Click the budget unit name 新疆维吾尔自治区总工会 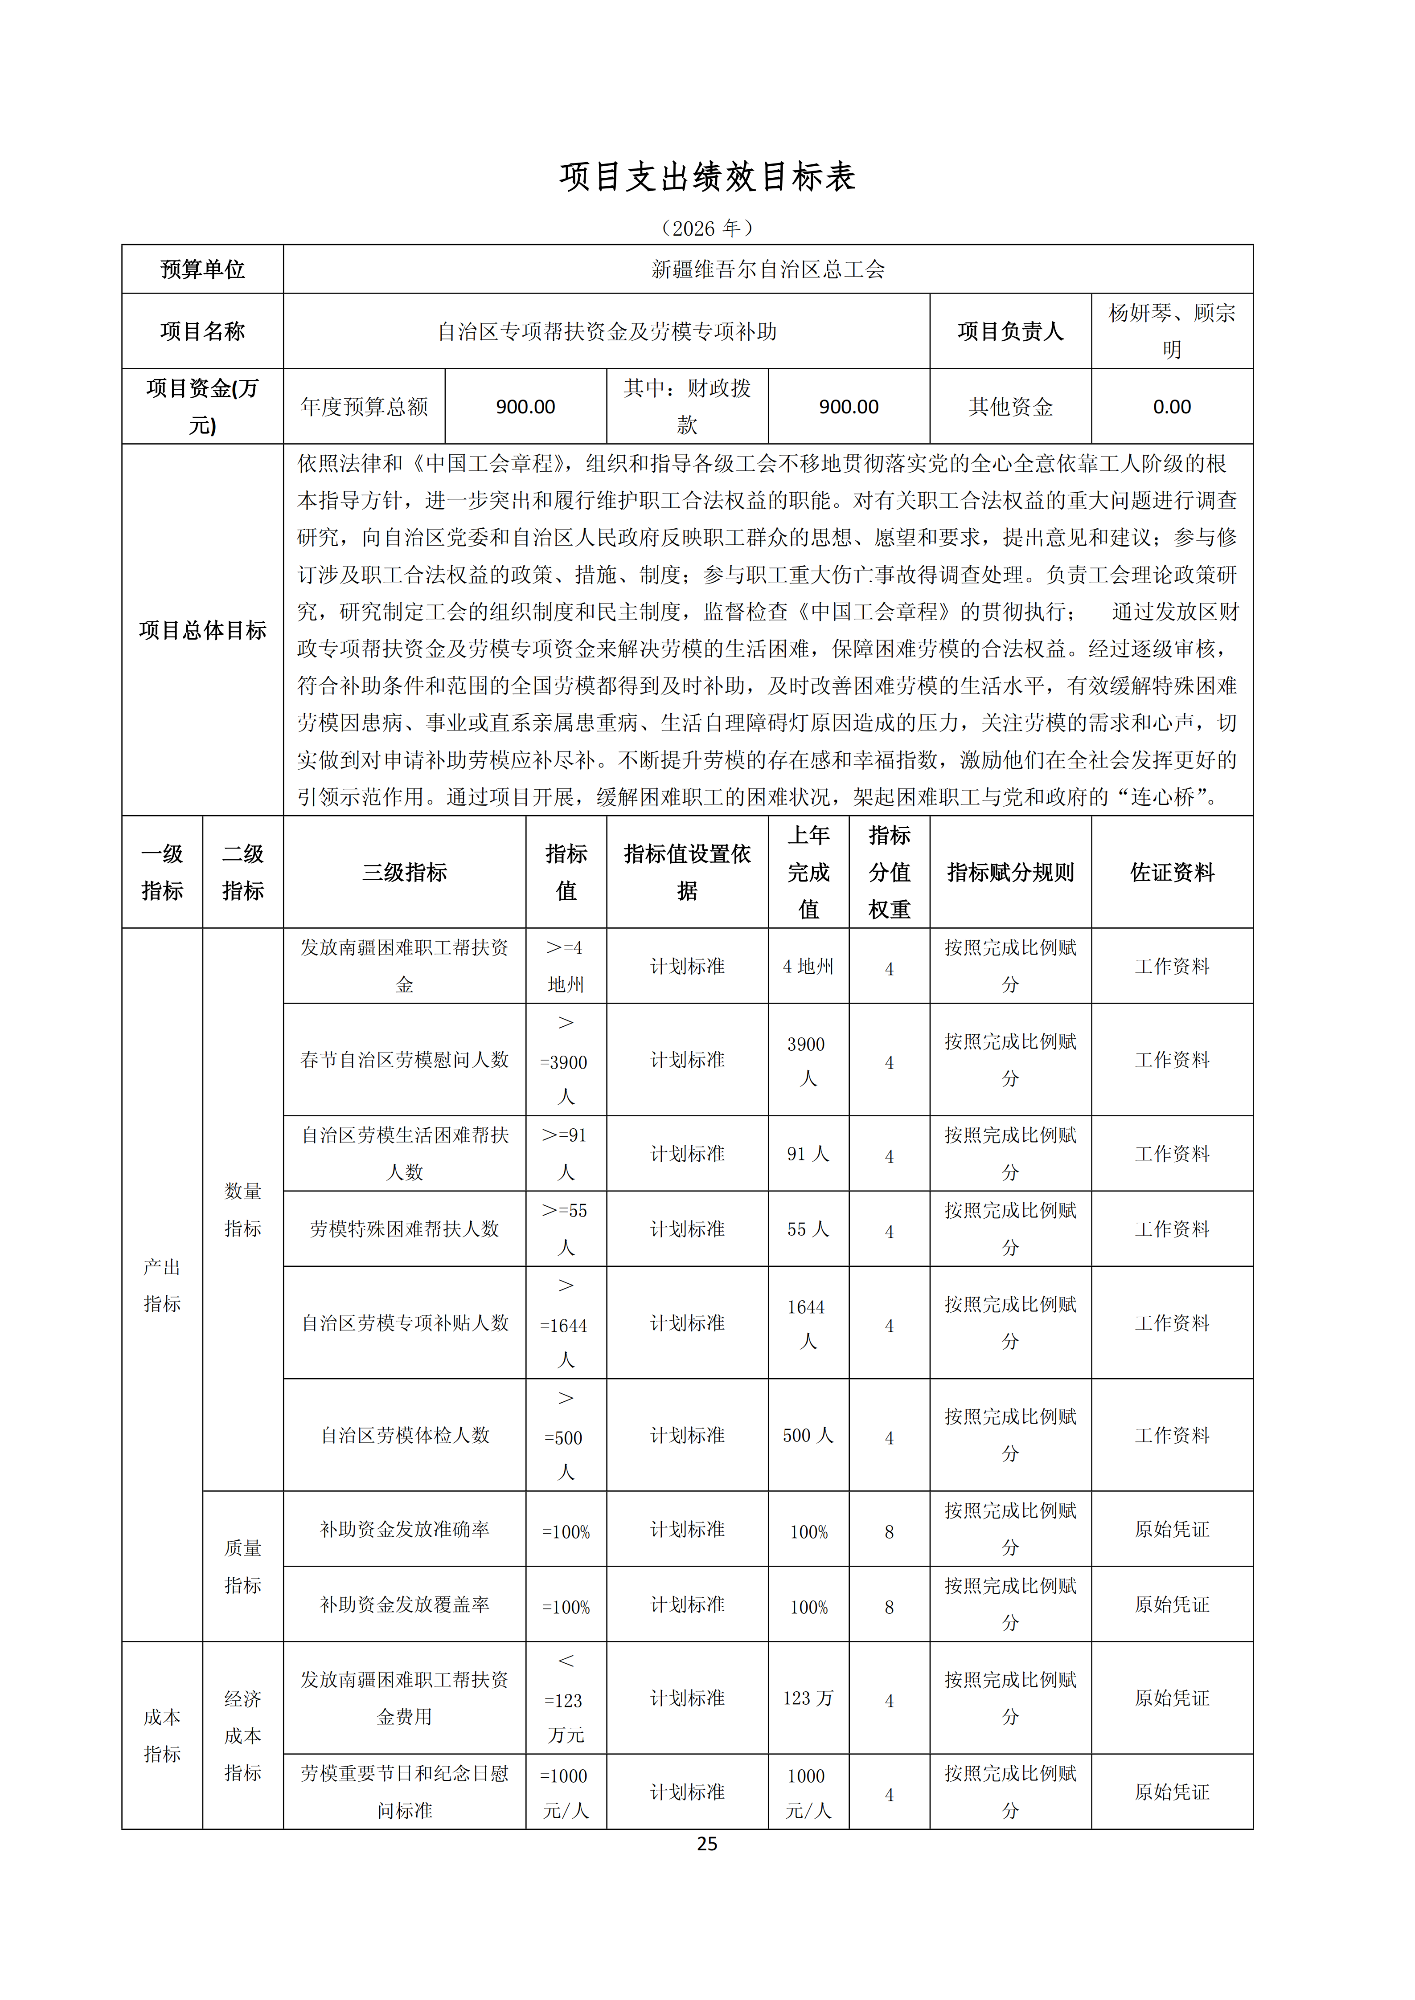pyautogui.click(x=767, y=269)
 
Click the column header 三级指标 pyautogui.click(x=404, y=872)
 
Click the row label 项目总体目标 pyautogui.click(x=202, y=630)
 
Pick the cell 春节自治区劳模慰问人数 pyautogui.click(x=404, y=1059)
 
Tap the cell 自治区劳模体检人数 pyautogui.click(x=404, y=1435)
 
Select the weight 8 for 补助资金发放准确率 pyautogui.click(x=889, y=1531)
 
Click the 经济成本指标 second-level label pyautogui.click(x=242, y=1735)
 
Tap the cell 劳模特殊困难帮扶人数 pyautogui.click(x=404, y=1228)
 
